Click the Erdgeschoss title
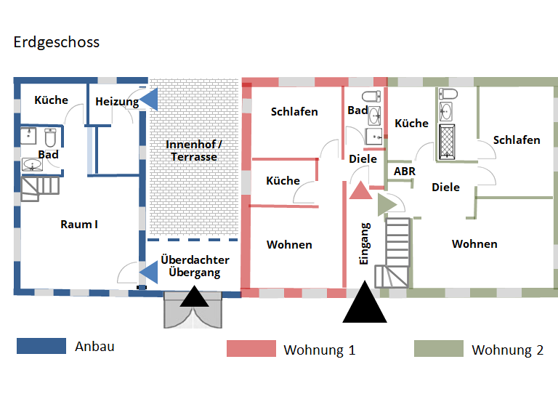(56, 42)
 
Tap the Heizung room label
(116, 102)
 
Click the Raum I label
(78, 224)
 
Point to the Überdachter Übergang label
(195, 266)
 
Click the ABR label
(404, 171)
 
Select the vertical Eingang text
(365, 243)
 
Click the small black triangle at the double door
(194, 297)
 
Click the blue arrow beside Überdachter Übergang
(149, 272)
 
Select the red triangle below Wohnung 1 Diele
(360, 190)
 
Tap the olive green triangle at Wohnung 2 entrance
(386, 204)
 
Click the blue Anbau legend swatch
(41, 346)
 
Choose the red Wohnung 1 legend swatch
(251, 349)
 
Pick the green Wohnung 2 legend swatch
(438, 349)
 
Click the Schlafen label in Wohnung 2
(516, 140)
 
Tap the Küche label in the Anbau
(51, 100)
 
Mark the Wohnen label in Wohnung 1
(289, 244)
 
